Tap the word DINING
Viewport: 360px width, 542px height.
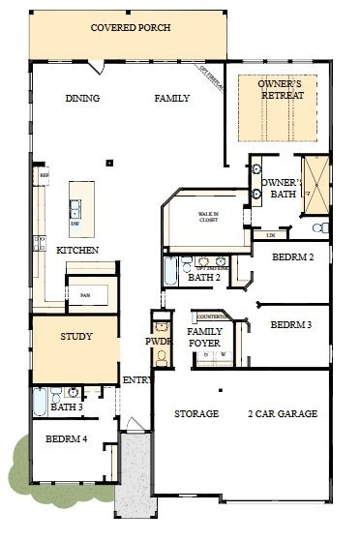83,99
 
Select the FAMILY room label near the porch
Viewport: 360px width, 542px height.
172,99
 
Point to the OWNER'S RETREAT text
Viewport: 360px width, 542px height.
281,90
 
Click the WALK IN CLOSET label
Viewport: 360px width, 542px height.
209,216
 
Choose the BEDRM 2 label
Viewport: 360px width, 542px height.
292,258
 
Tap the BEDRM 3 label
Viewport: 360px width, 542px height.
291,324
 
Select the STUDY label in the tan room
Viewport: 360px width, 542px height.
75,337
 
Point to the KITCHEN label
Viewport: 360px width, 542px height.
77,251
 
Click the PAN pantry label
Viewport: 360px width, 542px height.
85,294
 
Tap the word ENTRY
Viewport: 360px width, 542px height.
137,380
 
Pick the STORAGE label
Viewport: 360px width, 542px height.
196,414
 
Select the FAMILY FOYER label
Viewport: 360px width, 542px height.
204,338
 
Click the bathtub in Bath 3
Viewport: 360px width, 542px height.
40,401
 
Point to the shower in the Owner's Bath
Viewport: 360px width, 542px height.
315,184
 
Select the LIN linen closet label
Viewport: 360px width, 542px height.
270,234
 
